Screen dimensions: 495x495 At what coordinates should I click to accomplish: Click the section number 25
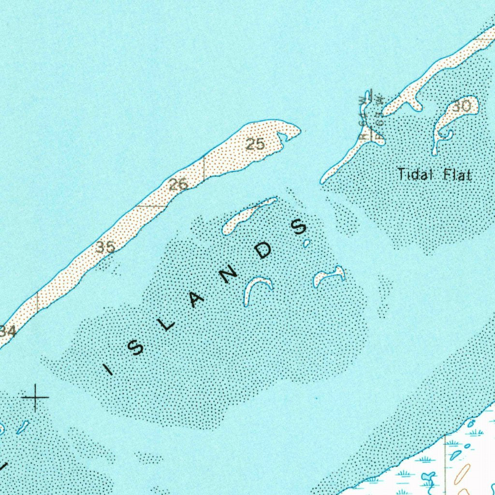pos(255,144)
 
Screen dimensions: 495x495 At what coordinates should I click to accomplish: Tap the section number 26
pos(178,184)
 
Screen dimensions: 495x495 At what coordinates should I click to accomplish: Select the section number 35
pos(105,247)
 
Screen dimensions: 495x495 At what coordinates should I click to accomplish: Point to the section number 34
pos(8,332)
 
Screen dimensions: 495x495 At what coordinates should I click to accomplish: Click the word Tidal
pos(414,174)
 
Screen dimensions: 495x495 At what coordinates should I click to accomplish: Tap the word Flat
pos(457,174)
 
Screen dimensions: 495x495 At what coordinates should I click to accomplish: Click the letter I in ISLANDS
pos(109,370)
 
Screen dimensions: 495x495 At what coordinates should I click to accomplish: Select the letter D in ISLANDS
pos(264,250)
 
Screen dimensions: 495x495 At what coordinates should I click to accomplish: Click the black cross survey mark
pos(35,397)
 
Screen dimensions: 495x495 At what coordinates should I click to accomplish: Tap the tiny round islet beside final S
pos(306,244)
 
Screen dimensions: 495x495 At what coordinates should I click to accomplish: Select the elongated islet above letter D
pos(247,215)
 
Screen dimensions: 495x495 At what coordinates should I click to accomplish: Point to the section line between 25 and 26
pos(204,168)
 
